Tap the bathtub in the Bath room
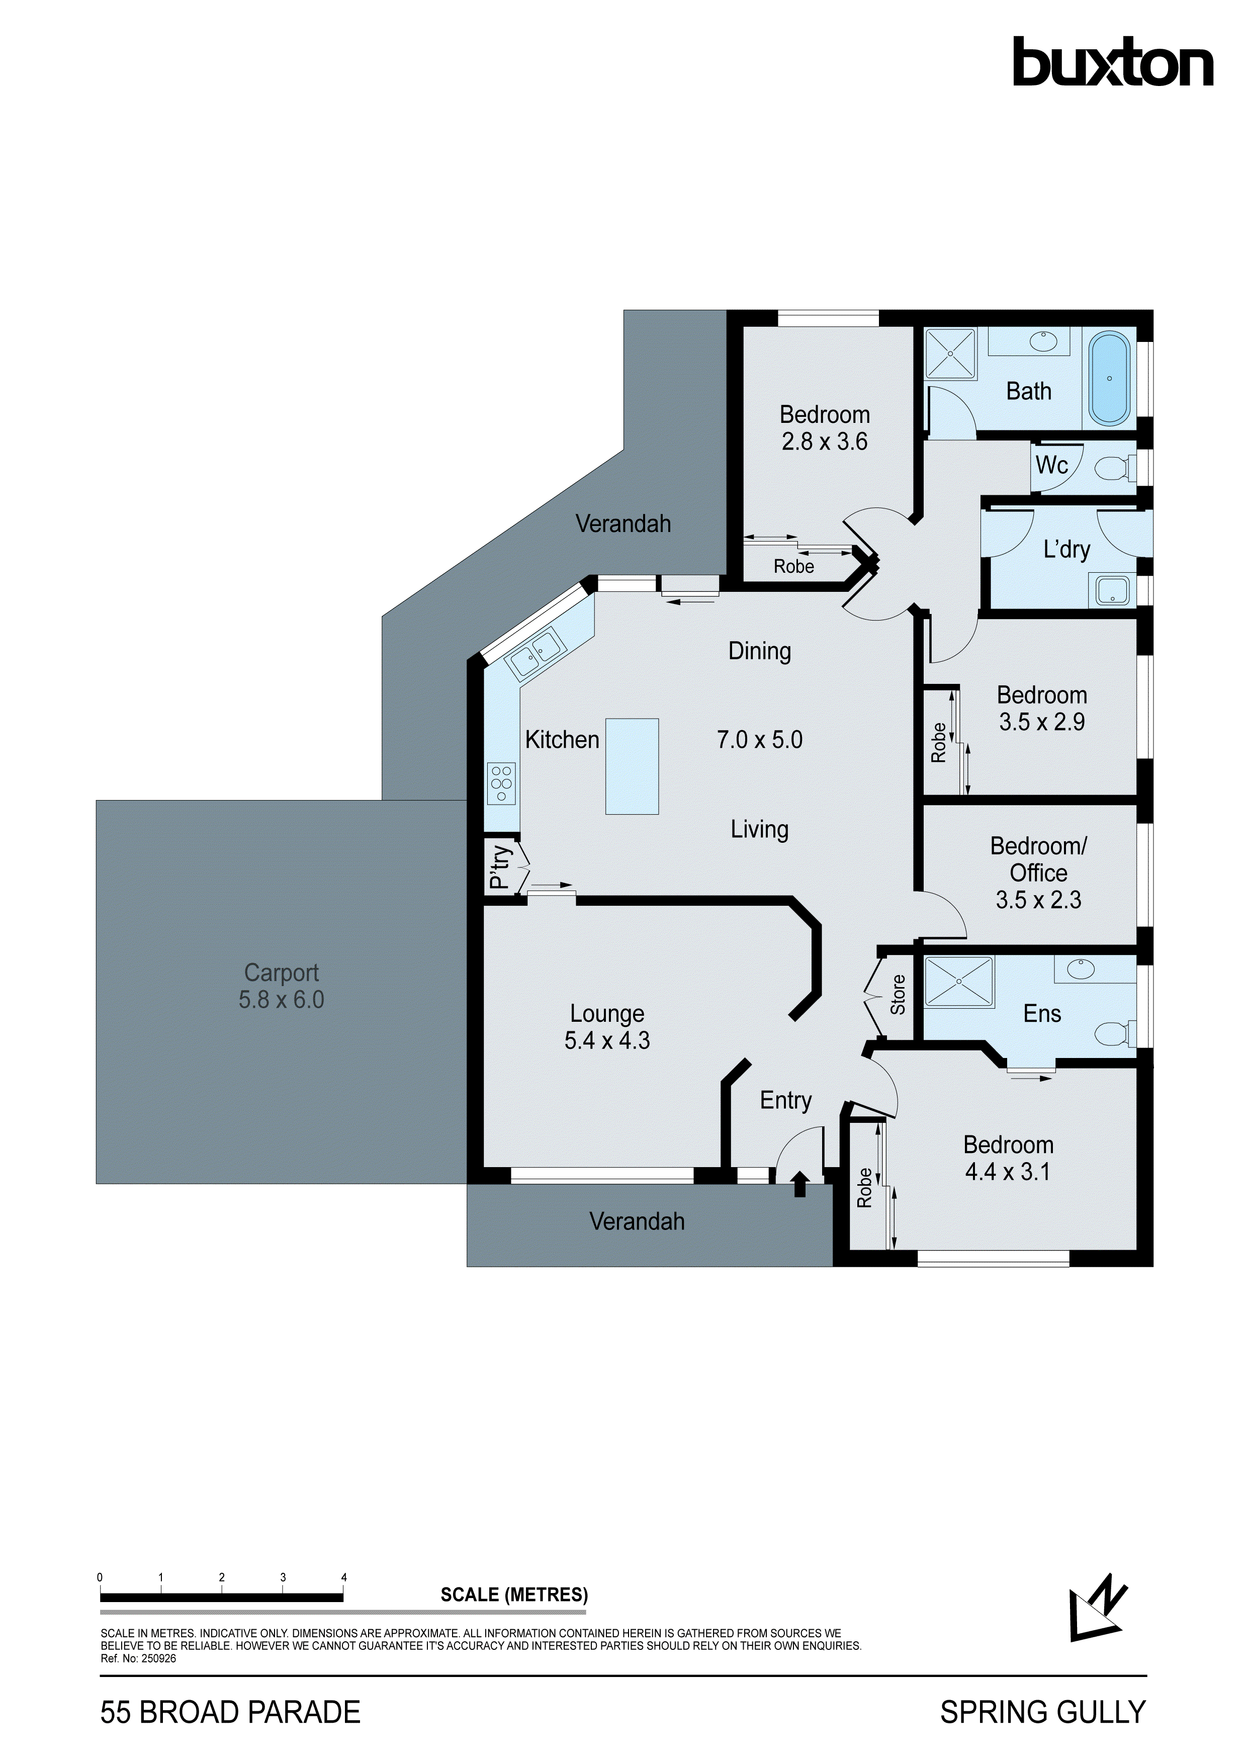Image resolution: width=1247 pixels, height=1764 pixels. click(x=1109, y=378)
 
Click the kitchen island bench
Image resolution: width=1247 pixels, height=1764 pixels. click(x=632, y=766)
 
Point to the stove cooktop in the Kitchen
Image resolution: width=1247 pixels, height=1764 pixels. click(x=501, y=783)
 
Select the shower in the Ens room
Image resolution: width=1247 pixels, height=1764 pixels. click(x=959, y=981)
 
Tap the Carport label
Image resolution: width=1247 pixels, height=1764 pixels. click(x=281, y=973)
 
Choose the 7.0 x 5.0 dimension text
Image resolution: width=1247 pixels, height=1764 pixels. click(x=759, y=740)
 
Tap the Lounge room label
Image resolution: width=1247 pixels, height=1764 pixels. click(x=607, y=1013)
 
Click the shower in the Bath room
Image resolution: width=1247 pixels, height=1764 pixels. click(x=950, y=354)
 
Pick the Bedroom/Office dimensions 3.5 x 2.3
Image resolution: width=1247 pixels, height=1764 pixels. click(x=1038, y=900)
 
